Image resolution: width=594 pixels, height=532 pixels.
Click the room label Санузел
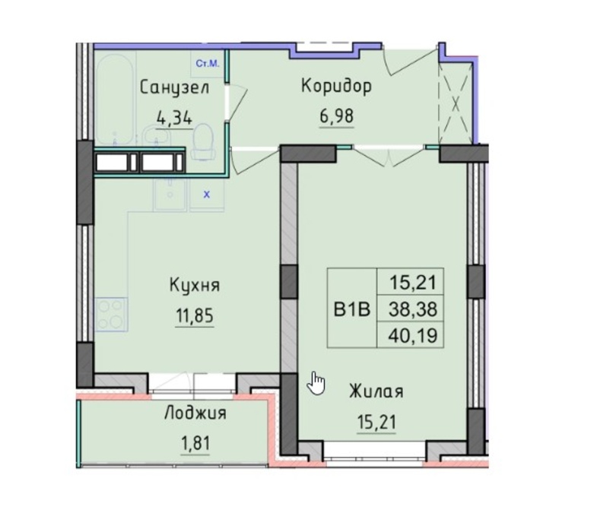(x=175, y=89)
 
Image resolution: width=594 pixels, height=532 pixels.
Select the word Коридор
(x=336, y=87)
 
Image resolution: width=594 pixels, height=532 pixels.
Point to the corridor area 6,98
(x=337, y=116)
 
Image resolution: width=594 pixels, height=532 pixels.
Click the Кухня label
(x=195, y=285)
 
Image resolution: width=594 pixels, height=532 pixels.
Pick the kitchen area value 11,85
(x=195, y=315)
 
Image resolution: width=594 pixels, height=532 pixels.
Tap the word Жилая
(x=376, y=391)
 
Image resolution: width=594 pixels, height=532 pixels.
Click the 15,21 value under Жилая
(x=376, y=422)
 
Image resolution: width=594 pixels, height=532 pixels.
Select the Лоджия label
(x=195, y=413)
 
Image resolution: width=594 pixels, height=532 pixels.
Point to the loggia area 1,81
(x=195, y=443)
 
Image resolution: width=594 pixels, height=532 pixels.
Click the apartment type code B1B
(x=351, y=309)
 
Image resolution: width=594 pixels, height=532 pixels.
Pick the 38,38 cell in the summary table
(x=413, y=309)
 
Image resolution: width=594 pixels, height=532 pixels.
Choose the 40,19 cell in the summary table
(x=413, y=335)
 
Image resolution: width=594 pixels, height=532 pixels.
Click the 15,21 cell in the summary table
(x=414, y=283)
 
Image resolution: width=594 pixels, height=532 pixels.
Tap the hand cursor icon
(x=316, y=384)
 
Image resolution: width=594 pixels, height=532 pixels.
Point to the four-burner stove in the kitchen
(x=111, y=315)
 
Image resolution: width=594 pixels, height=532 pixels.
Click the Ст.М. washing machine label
(x=207, y=64)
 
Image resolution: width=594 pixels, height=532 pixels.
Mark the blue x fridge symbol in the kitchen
(x=207, y=195)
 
